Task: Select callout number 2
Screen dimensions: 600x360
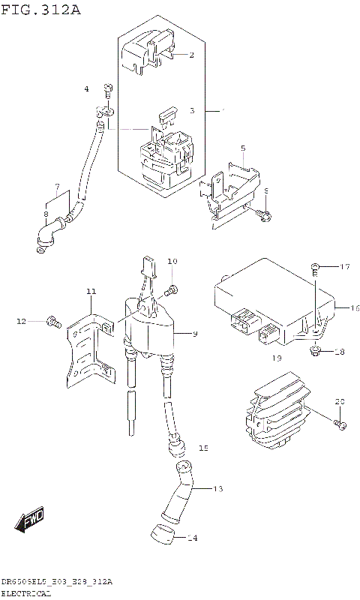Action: tap(191, 55)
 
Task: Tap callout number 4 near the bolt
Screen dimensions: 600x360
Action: tap(86, 89)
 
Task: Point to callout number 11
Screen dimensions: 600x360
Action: tap(90, 291)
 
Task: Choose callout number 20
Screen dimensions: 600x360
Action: tap(339, 402)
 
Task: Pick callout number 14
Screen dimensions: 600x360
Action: tap(192, 538)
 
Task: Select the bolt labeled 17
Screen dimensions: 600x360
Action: tap(315, 267)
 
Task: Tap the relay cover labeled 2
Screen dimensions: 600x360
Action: tap(146, 52)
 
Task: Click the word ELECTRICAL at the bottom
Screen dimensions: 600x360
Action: tap(26, 593)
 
